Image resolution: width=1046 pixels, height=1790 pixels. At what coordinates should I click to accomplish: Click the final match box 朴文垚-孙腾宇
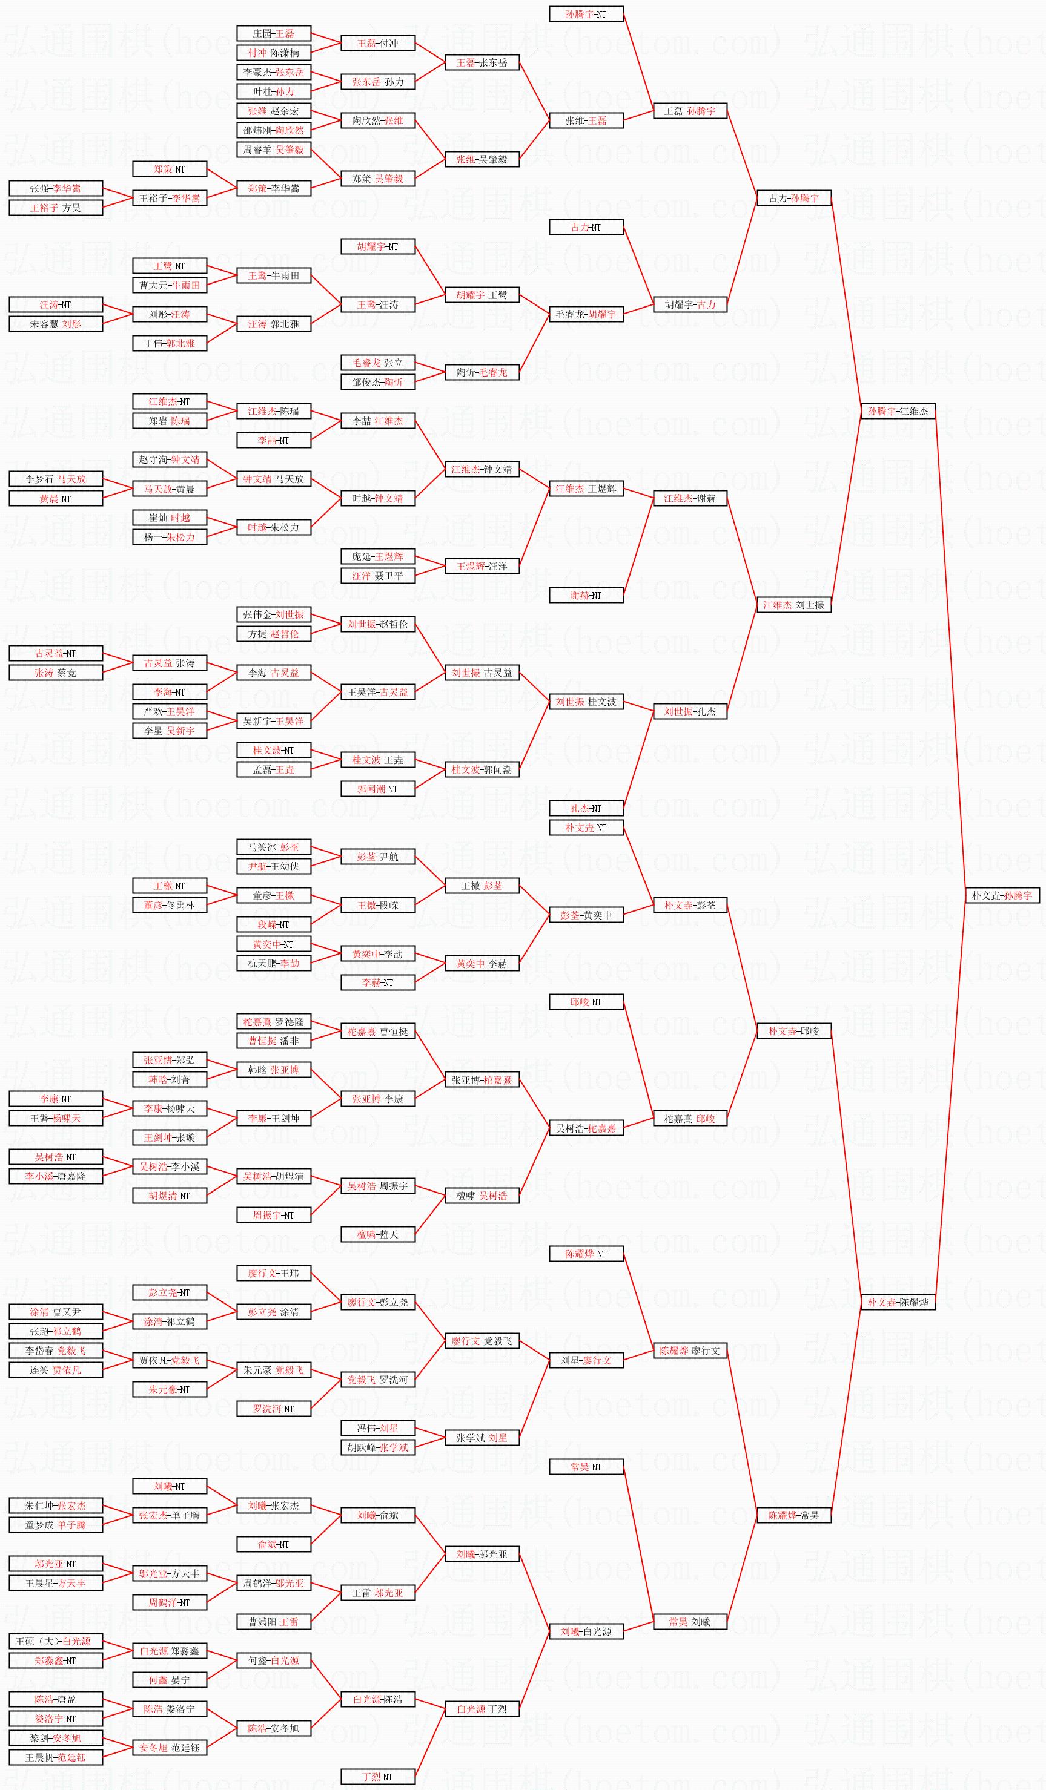click(1002, 896)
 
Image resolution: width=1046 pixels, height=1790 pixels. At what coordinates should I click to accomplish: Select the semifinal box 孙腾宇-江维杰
click(898, 411)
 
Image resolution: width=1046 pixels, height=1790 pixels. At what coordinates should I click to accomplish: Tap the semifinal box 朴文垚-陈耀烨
click(898, 1302)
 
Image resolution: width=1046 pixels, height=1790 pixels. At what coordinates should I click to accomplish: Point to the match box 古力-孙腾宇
click(794, 198)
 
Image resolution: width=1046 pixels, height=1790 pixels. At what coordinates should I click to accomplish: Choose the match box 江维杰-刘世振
click(794, 605)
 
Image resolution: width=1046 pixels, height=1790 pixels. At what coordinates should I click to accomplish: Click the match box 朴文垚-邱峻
click(794, 1031)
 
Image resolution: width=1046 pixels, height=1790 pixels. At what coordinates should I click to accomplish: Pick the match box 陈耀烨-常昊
click(794, 1515)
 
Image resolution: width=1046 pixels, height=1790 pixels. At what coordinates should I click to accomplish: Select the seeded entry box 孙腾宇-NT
click(586, 14)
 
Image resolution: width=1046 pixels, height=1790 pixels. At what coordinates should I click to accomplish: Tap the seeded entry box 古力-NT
click(586, 227)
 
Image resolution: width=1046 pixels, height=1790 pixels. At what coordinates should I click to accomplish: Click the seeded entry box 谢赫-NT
click(586, 595)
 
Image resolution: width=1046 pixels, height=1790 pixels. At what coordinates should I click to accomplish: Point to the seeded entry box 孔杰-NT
click(586, 808)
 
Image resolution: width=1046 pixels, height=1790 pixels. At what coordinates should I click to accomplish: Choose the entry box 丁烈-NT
click(378, 1777)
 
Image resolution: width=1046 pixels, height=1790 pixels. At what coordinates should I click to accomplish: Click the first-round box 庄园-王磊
click(274, 33)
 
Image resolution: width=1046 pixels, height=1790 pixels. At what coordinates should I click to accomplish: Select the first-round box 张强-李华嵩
click(56, 189)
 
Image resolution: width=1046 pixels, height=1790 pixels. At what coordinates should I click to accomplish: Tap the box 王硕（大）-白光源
click(56, 1642)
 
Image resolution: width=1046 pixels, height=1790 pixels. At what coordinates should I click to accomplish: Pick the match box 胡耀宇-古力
click(690, 304)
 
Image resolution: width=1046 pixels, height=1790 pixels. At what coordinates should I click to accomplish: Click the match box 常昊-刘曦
click(690, 1622)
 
